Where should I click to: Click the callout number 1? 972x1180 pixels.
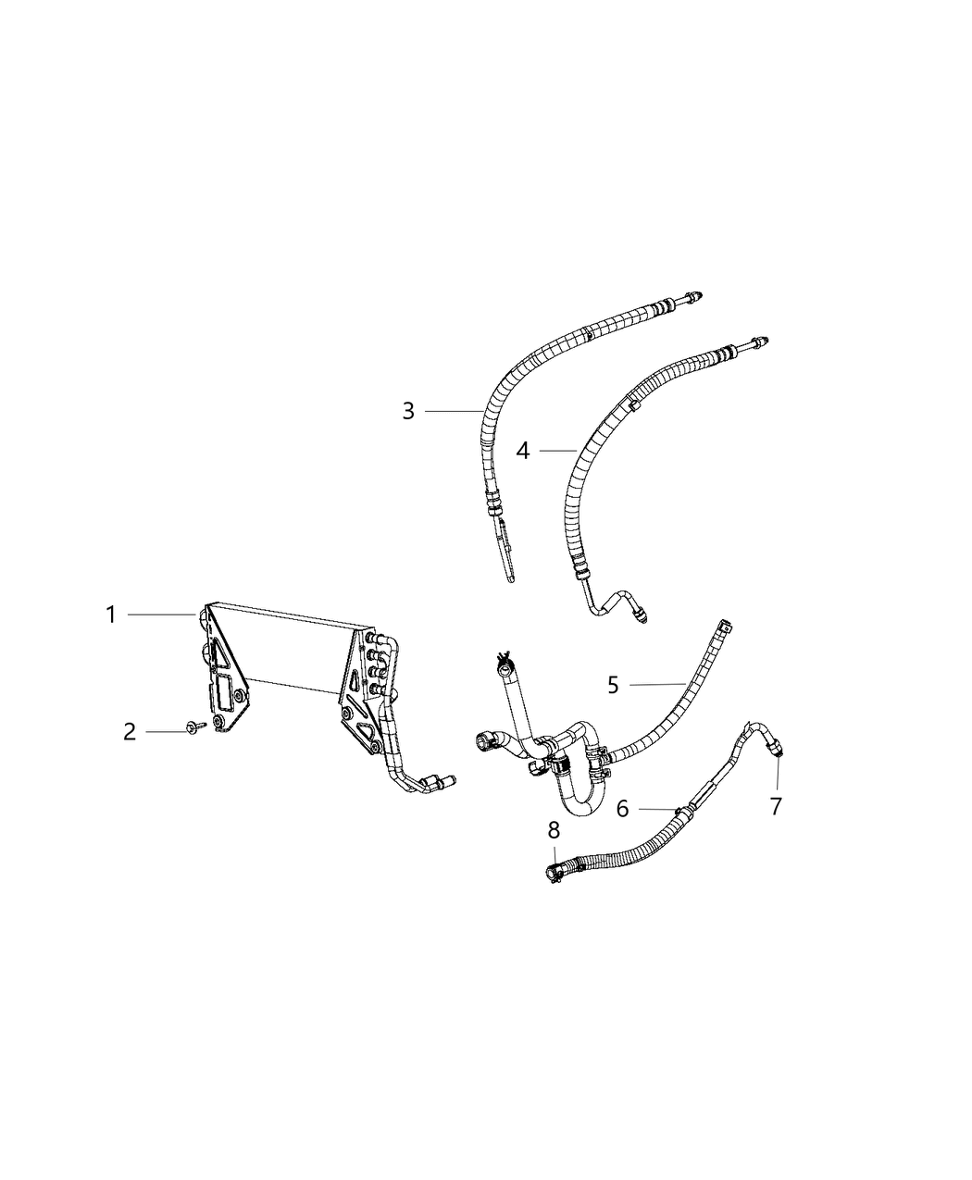[x=111, y=615]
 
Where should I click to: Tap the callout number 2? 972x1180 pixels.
[x=130, y=732]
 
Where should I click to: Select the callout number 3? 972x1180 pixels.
[x=408, y=412]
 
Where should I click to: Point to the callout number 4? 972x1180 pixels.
[x=523, y=451]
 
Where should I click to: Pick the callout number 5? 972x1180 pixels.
[x=614, y=685]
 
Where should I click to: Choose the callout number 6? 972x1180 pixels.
[x=623, y=809]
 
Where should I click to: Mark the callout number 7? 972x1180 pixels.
[x=776, y=806]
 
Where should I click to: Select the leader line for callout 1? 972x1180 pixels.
[x=162, y=615]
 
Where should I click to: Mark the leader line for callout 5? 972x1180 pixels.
[x=657, y=684]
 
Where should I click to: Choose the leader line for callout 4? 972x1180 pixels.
[x=558, y=451]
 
